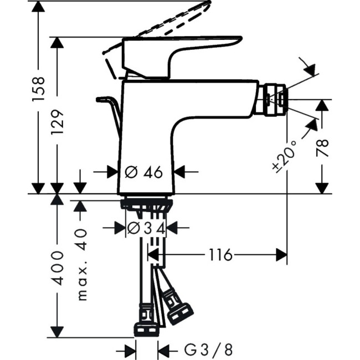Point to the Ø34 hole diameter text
coord(146,227)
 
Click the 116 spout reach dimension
coord(221,255)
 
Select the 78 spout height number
coord(323,149)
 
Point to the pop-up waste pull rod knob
coord(104,100)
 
